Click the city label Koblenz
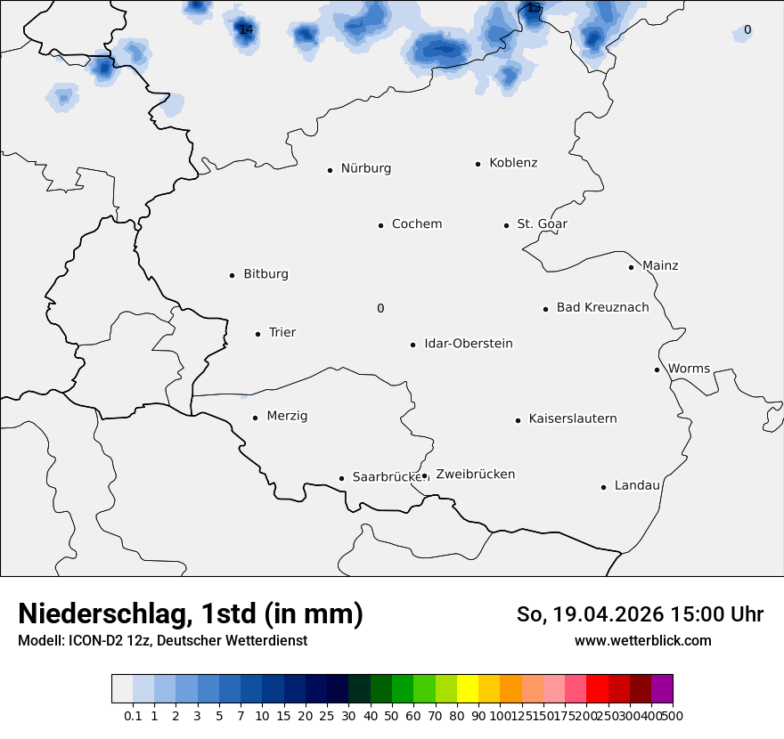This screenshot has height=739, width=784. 513,163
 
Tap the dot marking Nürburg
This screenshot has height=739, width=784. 330,169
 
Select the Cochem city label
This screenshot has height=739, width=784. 417,224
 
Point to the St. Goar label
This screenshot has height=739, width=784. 542,224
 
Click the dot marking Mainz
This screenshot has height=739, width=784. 631,267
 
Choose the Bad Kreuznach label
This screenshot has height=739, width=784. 602,308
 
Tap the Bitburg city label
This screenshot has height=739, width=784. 265,274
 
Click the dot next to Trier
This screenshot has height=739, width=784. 257,334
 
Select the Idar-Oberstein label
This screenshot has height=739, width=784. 468,344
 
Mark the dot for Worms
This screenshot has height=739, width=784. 657,369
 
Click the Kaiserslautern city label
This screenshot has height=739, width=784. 572,419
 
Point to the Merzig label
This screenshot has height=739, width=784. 287,417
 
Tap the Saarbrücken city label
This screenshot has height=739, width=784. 386,477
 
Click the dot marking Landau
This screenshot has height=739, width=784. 603,487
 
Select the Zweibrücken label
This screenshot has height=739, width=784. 475,475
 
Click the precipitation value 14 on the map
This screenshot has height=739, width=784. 246,30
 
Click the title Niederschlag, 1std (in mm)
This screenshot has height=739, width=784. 191,614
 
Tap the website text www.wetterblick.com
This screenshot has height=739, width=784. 642,641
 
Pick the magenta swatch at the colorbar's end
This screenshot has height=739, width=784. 662,689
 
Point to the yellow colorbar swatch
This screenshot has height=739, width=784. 468,689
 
